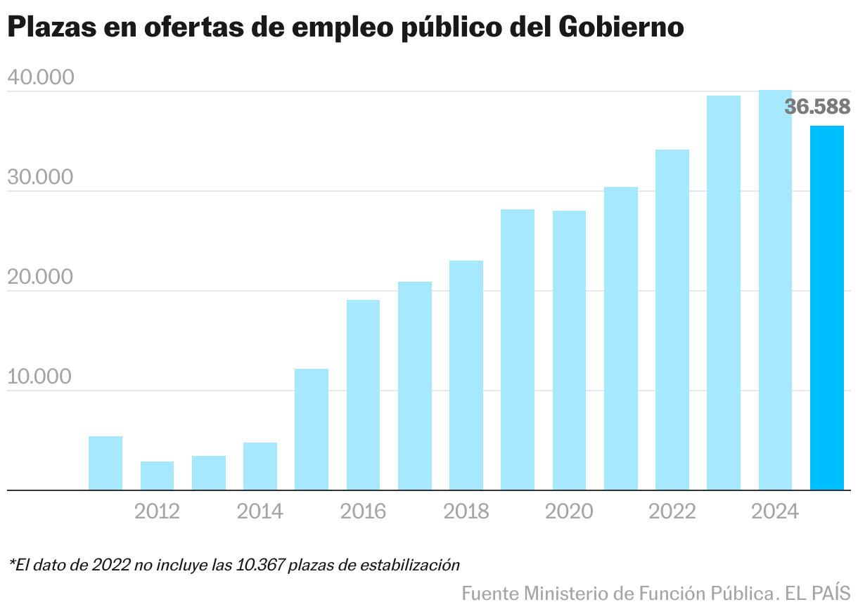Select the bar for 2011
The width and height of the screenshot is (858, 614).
[x=105, y=463]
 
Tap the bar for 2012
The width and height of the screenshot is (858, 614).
[x=157, y=476]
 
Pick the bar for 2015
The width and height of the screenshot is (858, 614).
[x=312, y=429]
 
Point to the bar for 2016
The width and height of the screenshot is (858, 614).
[x=363, y=395]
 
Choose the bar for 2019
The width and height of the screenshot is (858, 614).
[x=518, y=349]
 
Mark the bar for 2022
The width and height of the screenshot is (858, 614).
[x=672, y=320]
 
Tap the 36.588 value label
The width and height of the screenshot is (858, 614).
[x=817, y=107]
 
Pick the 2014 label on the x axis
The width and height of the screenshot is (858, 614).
[x=260, y=511]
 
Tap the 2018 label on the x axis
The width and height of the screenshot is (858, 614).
[x=466, y=511]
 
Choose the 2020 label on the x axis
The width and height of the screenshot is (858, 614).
[x=569, y=511]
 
